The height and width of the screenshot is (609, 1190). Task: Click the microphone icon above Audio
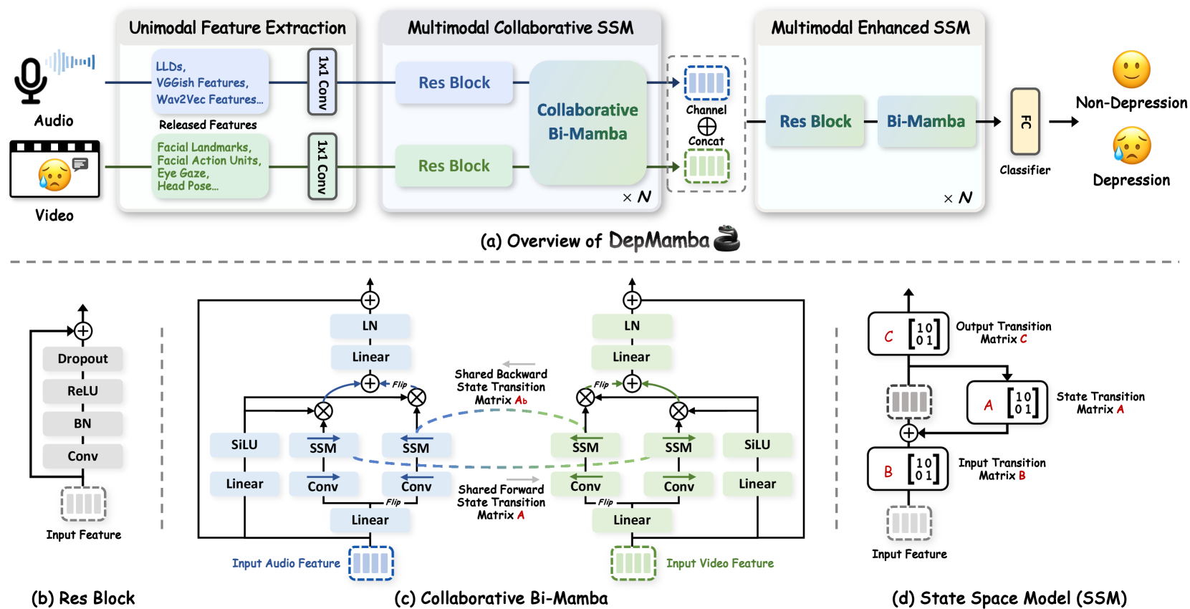pos(31,80)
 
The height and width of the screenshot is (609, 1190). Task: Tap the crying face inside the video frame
pos(54,175)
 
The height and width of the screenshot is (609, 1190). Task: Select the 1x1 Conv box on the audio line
pos(322,82)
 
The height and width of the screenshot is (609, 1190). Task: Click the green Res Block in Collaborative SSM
pos(454,166)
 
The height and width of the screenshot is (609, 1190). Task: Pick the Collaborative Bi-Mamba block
pos(587,123)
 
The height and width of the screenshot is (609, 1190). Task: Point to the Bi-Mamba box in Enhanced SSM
pos(926,121)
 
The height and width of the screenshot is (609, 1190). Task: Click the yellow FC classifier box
pos(1025,122)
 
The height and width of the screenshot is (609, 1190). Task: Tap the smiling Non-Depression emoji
pos(1131,69)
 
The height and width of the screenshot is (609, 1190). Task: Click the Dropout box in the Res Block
pos(83,359)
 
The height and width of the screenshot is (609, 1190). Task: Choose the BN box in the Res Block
pos(83,423)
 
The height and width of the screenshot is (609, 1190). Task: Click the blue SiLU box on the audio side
pos(244,445)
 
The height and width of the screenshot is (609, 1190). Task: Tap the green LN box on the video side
pos(632,326)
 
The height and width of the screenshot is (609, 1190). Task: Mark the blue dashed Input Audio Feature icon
pos(371,562)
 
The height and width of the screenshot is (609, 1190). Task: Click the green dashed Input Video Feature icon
pos(633,562)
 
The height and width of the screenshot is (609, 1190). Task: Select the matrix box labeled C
pos(908,334)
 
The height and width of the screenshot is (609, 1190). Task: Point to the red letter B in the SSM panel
pos(888,471)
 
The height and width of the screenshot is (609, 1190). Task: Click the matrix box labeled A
pos(1007,402)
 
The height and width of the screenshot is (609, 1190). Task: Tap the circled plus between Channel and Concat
pos(706,127)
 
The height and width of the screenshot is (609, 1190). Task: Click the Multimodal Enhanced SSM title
pos(870,28)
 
